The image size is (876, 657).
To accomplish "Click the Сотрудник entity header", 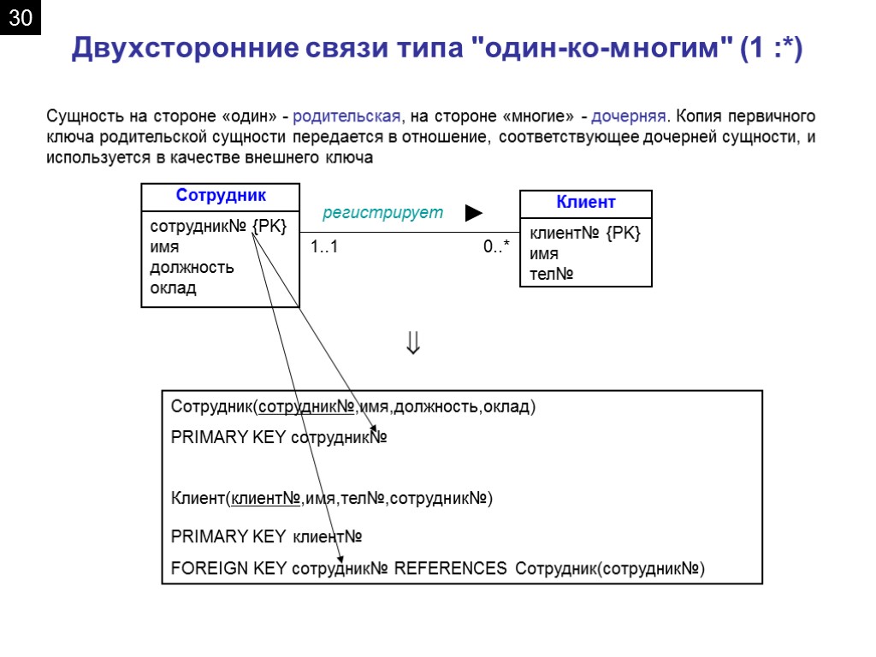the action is (221, 196).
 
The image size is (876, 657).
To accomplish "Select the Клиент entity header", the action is (586, 203).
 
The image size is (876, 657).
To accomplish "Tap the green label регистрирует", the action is (382, 212).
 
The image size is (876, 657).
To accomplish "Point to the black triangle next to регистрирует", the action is (474, 212).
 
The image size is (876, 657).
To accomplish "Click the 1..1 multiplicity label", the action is (324, 247).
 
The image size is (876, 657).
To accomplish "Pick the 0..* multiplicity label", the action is (496, 247).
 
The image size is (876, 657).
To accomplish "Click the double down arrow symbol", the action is (413, 344).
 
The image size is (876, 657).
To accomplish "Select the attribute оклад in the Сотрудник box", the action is (173, 288).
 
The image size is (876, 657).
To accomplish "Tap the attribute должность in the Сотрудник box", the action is (192, 268).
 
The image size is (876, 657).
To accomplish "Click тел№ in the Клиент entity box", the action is (552, 275).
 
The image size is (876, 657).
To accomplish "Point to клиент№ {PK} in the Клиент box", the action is (585, 234).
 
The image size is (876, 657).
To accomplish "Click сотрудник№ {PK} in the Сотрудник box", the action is (218, 227).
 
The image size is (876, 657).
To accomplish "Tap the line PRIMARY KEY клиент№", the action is (267, 536).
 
